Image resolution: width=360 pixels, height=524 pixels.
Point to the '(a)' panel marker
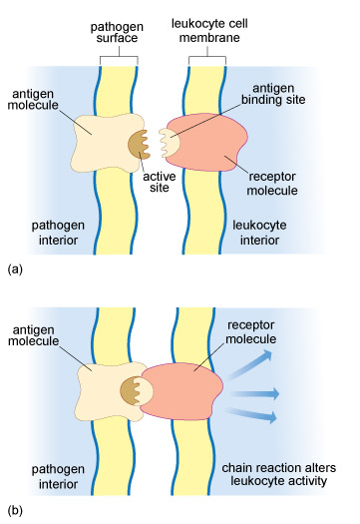click(15, 268)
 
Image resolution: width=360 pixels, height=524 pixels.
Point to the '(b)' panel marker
click(15, 511)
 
